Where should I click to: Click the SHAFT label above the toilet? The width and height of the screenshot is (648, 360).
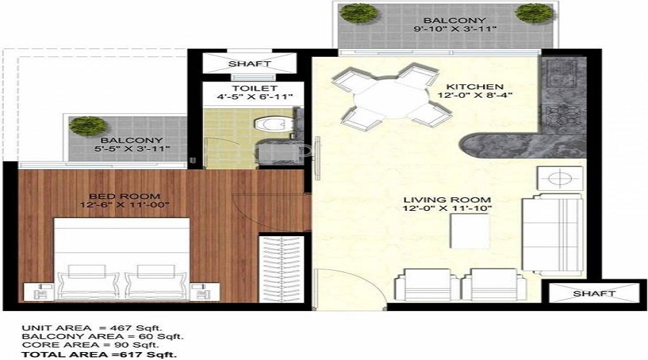(249, 64)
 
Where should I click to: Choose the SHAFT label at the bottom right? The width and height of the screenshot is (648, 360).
(594, 294)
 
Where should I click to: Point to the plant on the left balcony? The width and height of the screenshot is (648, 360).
(84, 125)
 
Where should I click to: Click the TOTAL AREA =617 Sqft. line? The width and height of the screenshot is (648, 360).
(99, 355)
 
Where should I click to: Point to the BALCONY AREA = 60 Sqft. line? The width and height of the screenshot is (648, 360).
(102, 336)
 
